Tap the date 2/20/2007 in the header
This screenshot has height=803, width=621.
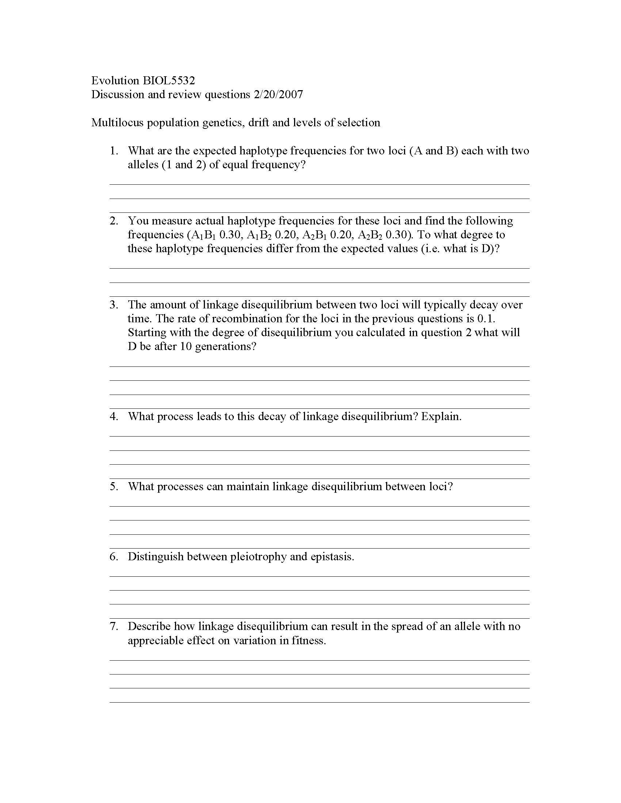click(278, 95)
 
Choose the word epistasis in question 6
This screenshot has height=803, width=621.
click(332, 557)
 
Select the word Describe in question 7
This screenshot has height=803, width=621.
click(149, 626)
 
